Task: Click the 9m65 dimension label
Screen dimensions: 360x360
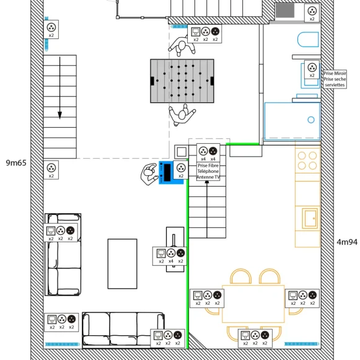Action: point(16,163)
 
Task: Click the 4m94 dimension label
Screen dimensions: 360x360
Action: point(347,242)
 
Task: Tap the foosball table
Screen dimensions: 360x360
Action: point(182,81)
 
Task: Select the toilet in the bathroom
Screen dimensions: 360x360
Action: point(308,40)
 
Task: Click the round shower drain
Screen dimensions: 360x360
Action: point(311,120)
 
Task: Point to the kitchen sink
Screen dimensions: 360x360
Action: point(310,218)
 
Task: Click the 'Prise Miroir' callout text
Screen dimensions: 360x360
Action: point(335,73)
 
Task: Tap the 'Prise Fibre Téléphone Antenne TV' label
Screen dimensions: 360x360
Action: point(208,171)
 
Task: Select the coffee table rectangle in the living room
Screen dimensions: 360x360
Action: point(122,263)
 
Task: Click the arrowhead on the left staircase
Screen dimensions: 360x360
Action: point(59,115)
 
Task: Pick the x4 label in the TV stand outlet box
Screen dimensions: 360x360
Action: point(170,261)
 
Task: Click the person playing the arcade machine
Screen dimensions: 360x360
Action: point(149,173)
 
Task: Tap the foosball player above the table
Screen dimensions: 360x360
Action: point(182,46)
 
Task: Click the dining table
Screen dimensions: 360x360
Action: point(253,304)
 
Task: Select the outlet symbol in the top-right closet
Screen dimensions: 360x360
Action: point(312,11)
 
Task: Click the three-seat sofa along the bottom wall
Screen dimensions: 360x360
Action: point(123,330)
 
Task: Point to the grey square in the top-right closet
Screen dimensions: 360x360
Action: point(285,11)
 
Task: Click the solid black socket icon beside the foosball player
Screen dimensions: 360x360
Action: point(215,31)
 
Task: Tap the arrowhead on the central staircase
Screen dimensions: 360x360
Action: point(207,182)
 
